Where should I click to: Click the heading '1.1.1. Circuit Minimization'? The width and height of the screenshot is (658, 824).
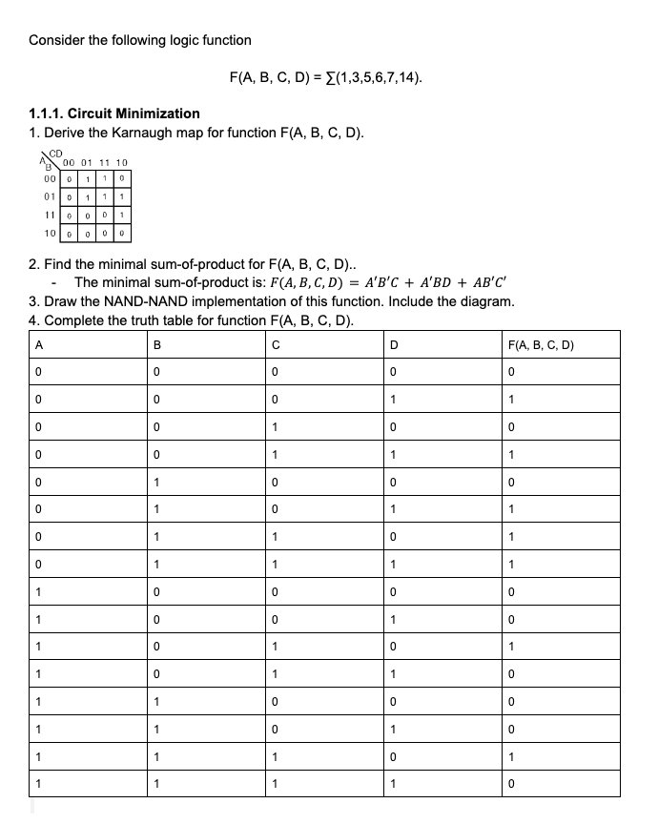point(114,113)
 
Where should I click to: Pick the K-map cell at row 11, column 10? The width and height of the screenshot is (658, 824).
point(123,215)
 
